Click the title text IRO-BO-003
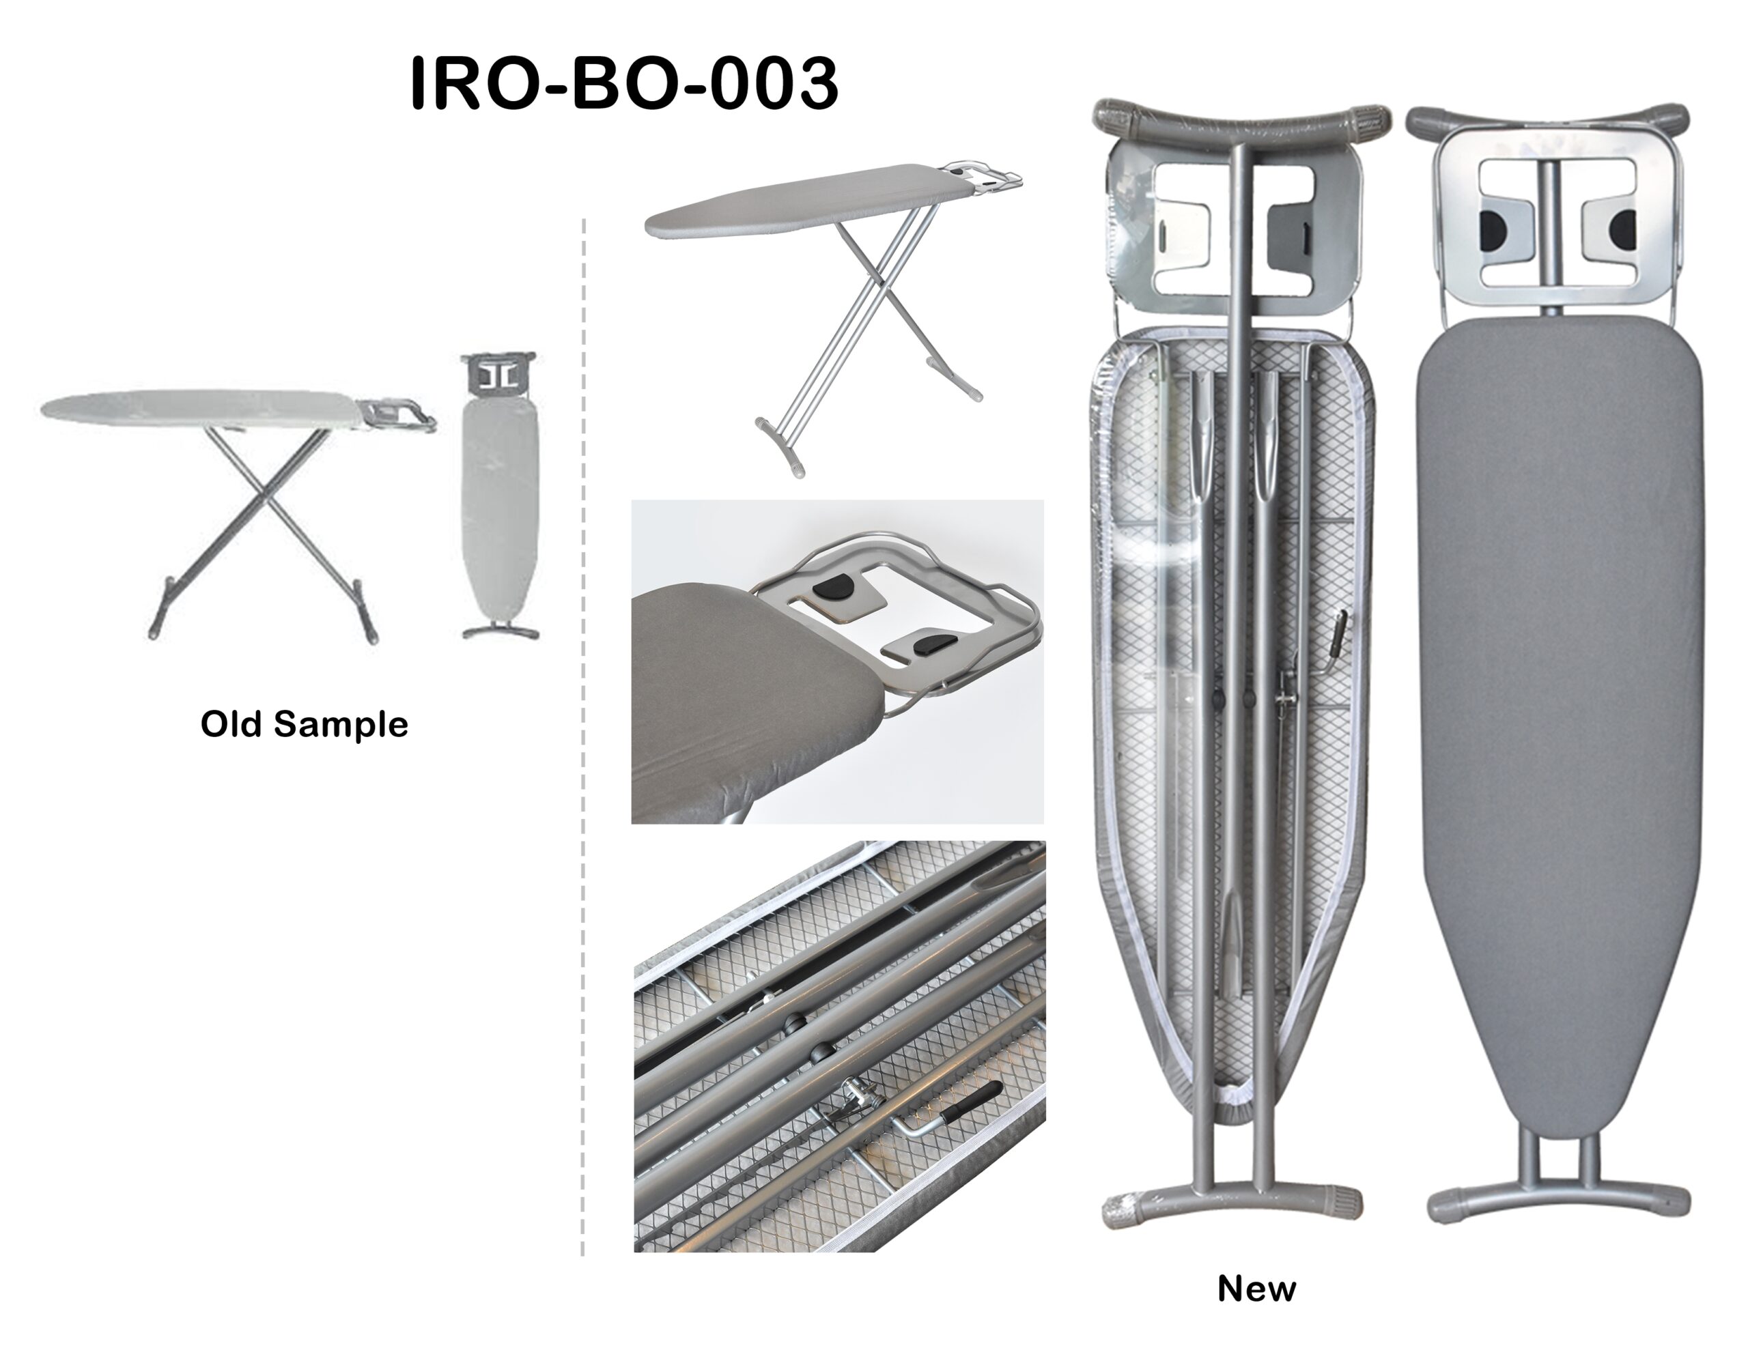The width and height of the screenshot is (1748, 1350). [623, 83]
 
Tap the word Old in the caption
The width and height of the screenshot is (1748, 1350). [232, 724]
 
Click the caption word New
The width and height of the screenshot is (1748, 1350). [1256, 1289]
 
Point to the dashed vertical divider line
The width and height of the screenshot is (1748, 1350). [584, 736]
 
